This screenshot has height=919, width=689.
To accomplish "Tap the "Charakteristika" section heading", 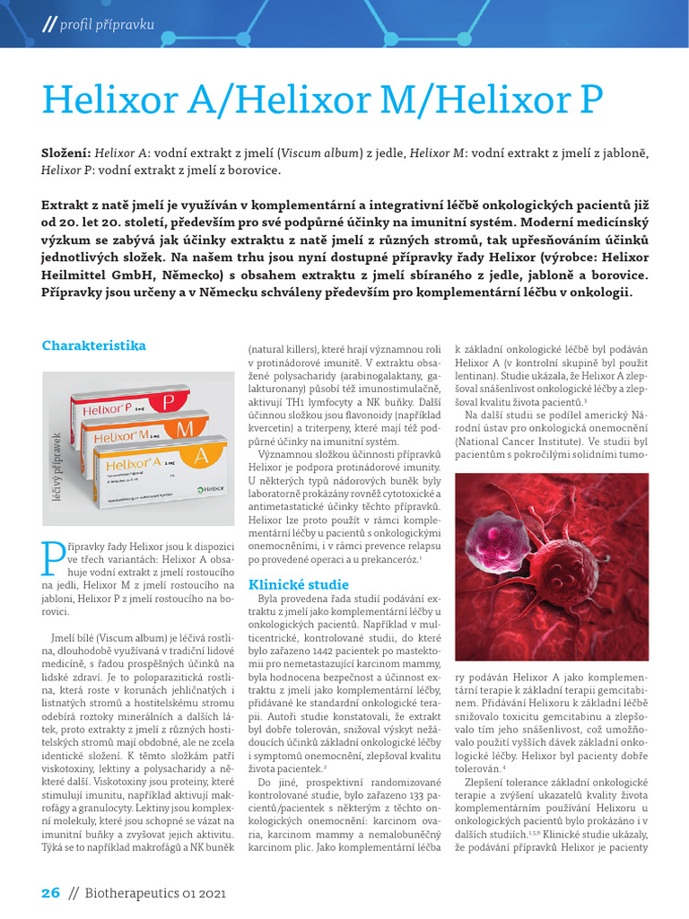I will [x=93, y=345].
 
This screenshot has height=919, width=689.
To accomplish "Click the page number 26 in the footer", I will [x=50, y=892].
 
